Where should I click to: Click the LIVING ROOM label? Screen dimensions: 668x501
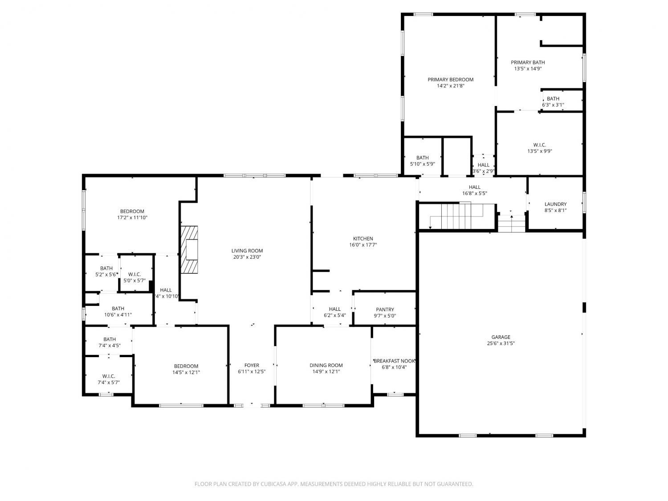coord(247,251)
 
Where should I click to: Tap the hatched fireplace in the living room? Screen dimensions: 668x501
coord(189,249)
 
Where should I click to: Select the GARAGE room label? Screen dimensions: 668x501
coord(501,337)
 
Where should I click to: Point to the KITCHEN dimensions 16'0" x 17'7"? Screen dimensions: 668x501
coord(363,244)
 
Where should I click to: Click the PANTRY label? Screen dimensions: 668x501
coord(385,310)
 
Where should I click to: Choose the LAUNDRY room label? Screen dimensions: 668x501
coord(555,204)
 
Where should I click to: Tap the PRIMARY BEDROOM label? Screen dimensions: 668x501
coord(450,79)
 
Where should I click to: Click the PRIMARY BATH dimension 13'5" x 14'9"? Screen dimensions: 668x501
coord(528,69)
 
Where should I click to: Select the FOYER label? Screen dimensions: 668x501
coord(252,365)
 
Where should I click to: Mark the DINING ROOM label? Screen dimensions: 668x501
coord(326,365)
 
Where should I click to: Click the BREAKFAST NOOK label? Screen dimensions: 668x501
coord(394,361)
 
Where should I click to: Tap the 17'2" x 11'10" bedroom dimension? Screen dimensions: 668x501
coord(132,217)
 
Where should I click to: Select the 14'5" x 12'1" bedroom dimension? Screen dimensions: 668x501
coord(186,372)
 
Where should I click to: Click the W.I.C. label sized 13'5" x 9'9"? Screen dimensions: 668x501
coord(539,145)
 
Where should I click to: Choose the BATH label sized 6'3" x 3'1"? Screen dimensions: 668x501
coord(553,98)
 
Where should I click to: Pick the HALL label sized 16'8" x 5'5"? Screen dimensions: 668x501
coord(474,187)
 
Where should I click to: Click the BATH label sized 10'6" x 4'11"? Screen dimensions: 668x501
coord(118,309)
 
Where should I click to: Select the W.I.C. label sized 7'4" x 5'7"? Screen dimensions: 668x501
coord(109,376)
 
